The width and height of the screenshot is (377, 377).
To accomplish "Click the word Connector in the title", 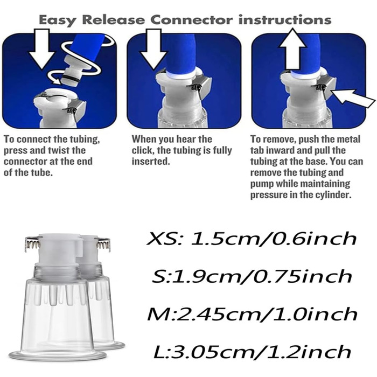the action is tap(192, 20).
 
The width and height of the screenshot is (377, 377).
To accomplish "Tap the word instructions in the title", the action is tap(285, 20).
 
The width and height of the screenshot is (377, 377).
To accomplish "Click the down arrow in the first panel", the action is tap(42, 49).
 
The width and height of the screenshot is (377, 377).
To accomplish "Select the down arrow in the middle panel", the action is tap(153, 50).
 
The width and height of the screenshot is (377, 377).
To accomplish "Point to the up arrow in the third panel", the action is tap(292, 49).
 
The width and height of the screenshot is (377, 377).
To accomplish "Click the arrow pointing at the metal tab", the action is tap(353, 98).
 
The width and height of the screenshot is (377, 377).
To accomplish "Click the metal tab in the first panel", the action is tap(76, 109).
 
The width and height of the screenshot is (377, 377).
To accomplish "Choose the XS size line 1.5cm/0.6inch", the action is tap(252, 239).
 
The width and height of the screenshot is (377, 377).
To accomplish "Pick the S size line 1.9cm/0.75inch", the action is tap(252, 276).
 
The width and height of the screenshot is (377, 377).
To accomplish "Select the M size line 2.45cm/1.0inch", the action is tap(252, 314).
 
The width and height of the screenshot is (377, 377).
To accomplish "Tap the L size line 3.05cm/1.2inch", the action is tap(252, 352).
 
